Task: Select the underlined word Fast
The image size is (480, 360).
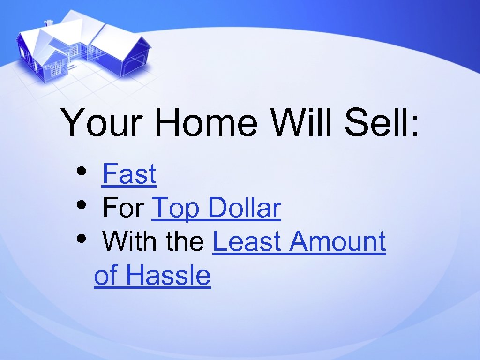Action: (x=129, y=174)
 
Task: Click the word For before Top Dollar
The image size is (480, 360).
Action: (x=123, y=208)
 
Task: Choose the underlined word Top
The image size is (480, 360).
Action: (x=177, y=209)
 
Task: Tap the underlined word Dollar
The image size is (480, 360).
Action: (x=244, y=208)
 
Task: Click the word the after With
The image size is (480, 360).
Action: (x=185, y=242)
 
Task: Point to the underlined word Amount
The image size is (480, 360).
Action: (x=337, y=242)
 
